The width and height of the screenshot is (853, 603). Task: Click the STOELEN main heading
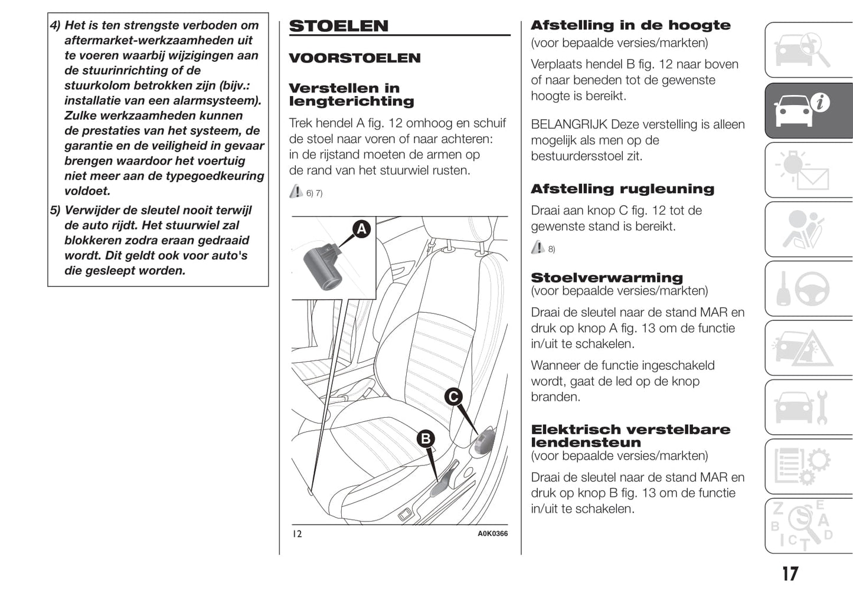(339, 26)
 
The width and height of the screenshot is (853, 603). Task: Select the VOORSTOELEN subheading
(354, 58)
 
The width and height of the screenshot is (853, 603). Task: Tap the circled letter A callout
(361, 229)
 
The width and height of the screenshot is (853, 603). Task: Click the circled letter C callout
(453, 396)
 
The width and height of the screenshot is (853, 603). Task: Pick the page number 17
(790, 573)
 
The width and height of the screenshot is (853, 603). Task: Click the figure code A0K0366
(492, 533)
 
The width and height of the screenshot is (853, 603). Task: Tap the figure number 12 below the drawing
(297, 534)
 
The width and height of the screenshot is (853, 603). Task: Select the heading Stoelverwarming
(606, 277)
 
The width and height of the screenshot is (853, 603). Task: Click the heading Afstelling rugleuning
(622, 189)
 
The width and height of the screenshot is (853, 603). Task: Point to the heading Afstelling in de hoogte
(630, 25)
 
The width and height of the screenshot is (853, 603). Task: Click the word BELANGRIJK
(569, 124)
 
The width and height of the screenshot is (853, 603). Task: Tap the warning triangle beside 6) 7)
(296, 191)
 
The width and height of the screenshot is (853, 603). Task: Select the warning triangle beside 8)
(538, 247)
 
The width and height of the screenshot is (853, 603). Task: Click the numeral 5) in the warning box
(55, 211)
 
